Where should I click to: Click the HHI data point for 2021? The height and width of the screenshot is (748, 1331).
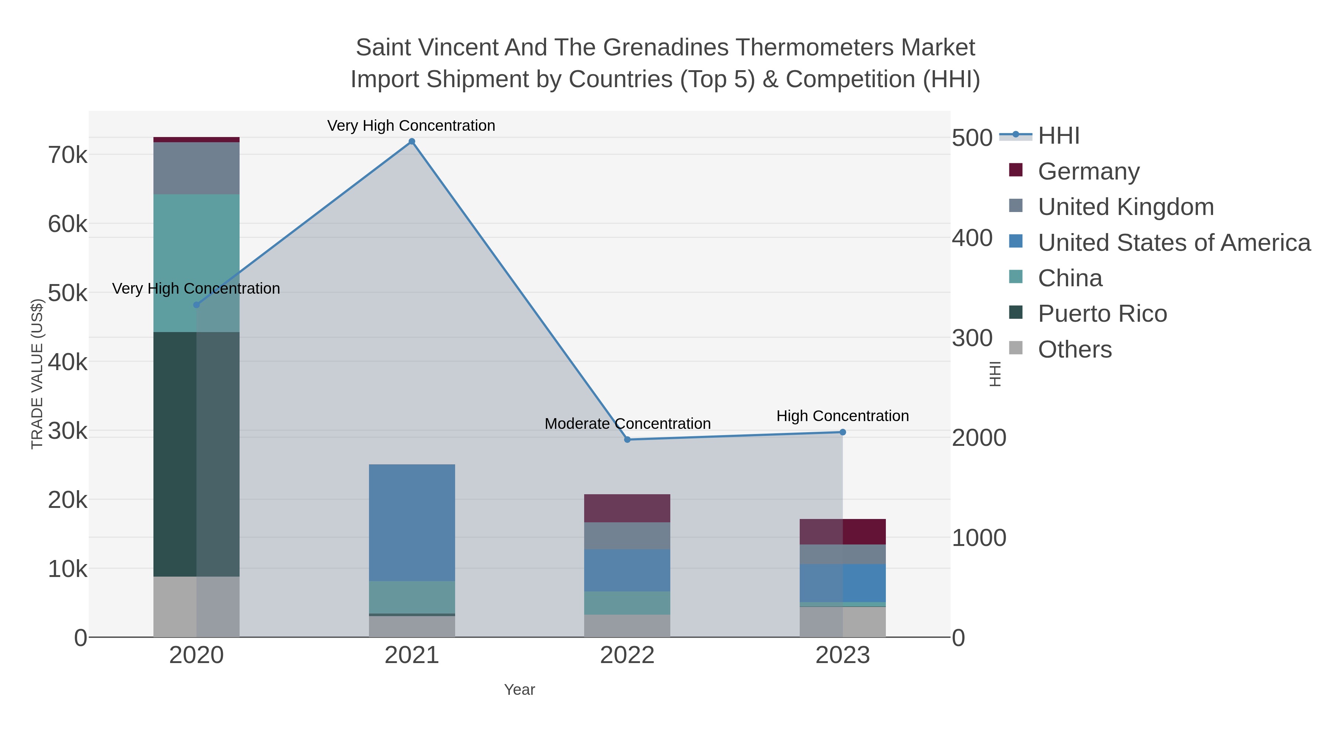(412, 141)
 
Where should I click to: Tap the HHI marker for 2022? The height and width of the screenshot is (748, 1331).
(627, 439)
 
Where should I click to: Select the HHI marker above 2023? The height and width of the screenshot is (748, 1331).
(843, 432)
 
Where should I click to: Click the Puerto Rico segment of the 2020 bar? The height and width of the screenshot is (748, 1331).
(196, 454)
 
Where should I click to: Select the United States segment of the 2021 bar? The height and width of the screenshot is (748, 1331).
(412, 522)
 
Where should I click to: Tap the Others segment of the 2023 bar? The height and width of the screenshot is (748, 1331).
(843, 622)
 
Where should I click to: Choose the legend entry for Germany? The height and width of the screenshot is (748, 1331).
(1088, 171)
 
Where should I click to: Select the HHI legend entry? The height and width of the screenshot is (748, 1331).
(1058, 136)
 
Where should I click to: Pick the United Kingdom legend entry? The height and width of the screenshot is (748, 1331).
(1125, 207)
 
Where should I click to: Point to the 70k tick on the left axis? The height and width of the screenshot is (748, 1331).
(68, 155)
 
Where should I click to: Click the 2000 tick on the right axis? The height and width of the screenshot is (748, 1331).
(979, 438)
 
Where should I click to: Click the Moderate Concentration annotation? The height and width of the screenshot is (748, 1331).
(627, 424)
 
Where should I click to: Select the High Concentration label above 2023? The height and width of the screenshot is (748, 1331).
(842, 416)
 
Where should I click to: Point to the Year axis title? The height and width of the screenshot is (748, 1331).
(519, 690)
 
